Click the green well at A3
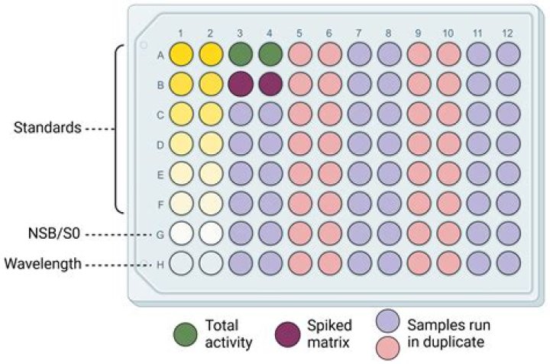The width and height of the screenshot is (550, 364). pyautogui.click(x=241, y=54)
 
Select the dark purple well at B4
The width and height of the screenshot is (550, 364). pyautogui.click(x=270, y=84)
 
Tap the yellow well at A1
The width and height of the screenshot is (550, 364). pyautogui.click(x=181, y=54)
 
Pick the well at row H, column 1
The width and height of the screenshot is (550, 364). pyautogui.click(x=181, y=263)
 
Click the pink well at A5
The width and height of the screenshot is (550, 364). pyautogui.click(x=300, y=54)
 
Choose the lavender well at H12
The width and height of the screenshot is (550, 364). pyautogui.click(x=509, y=263)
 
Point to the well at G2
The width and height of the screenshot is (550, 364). pyautogui.click(x=211, y=234)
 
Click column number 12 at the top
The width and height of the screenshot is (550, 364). pyautogui.click(x=507, y=34)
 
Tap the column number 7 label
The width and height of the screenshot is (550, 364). pyautogui.click(x=358, y=34)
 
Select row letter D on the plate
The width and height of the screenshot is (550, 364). pyautogui.click(x=160, y=145)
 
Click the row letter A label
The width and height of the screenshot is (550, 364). pyautogui.click(x=160, y=56)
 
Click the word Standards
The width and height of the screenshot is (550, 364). pyautogui.click(x=47, y=127)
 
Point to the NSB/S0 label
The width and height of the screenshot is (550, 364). pyautogui.click(x=54, y=234)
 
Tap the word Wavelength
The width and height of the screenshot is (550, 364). pyautogui.click(x=43, y=263)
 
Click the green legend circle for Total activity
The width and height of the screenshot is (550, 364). pyautogui.click(x=185, y=334)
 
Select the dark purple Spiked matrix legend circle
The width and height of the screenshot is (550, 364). pyautogui.click(x=288, y=334)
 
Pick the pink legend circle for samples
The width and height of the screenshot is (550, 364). pyautogui.click(x=387, y=348)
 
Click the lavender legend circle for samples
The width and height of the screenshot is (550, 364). pyautogui.click(x=387, y=321)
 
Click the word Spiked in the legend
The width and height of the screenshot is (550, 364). pyautogui.click(x=329, y=326)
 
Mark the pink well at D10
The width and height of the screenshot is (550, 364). pyautogui.click(x=449, y=144)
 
